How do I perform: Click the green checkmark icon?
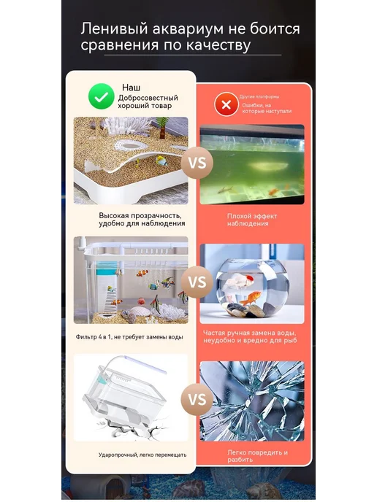(102, 96)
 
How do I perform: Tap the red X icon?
(226, 104)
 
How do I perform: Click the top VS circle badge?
(197, 163)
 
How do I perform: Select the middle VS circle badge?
(197, 282)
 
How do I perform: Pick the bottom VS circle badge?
(197, 400)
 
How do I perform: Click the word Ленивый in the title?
(114, 28)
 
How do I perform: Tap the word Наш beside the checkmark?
(131, 88)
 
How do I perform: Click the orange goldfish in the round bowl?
(251, 298)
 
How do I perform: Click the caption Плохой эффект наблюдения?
(252, 220)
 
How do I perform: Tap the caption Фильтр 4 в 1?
(129, 337)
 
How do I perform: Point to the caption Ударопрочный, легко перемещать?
(142, 455)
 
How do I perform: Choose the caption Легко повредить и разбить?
(257, 456)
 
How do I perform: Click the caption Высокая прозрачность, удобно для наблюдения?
(142, 220)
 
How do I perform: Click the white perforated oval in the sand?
(130, 146)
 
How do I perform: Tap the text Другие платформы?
(259, 97)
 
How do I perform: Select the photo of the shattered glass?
(252, 401)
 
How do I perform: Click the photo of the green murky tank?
(252, 164)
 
